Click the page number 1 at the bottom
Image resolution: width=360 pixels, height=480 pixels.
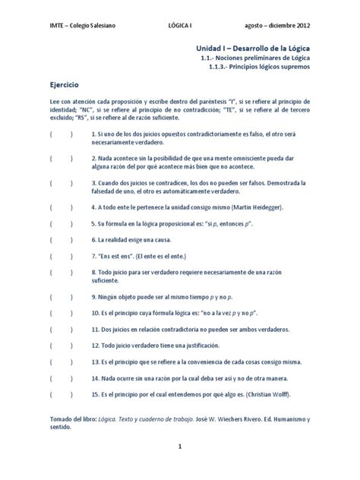point(180,447)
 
